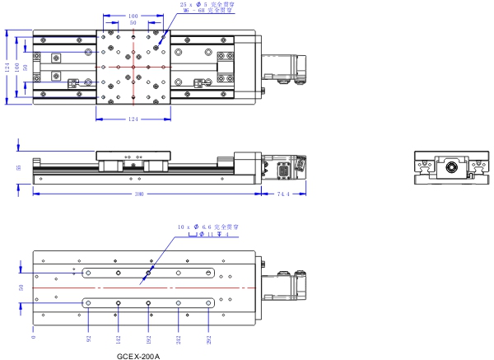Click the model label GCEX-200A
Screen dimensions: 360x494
click(138, 356)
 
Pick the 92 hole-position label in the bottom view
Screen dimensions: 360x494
click(88, 338)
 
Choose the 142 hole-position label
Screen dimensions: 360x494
click(119, 338)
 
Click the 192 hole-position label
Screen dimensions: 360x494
click(149, 338)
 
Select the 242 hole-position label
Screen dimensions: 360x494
click(179, 338)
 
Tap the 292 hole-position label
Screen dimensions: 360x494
click(208, 338)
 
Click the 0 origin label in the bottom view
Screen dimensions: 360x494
click(34, 337)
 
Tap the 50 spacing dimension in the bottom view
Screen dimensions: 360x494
click(20, 288)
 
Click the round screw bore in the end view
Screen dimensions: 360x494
click(450, 167)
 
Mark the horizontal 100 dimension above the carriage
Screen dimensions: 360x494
click(133, 15)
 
